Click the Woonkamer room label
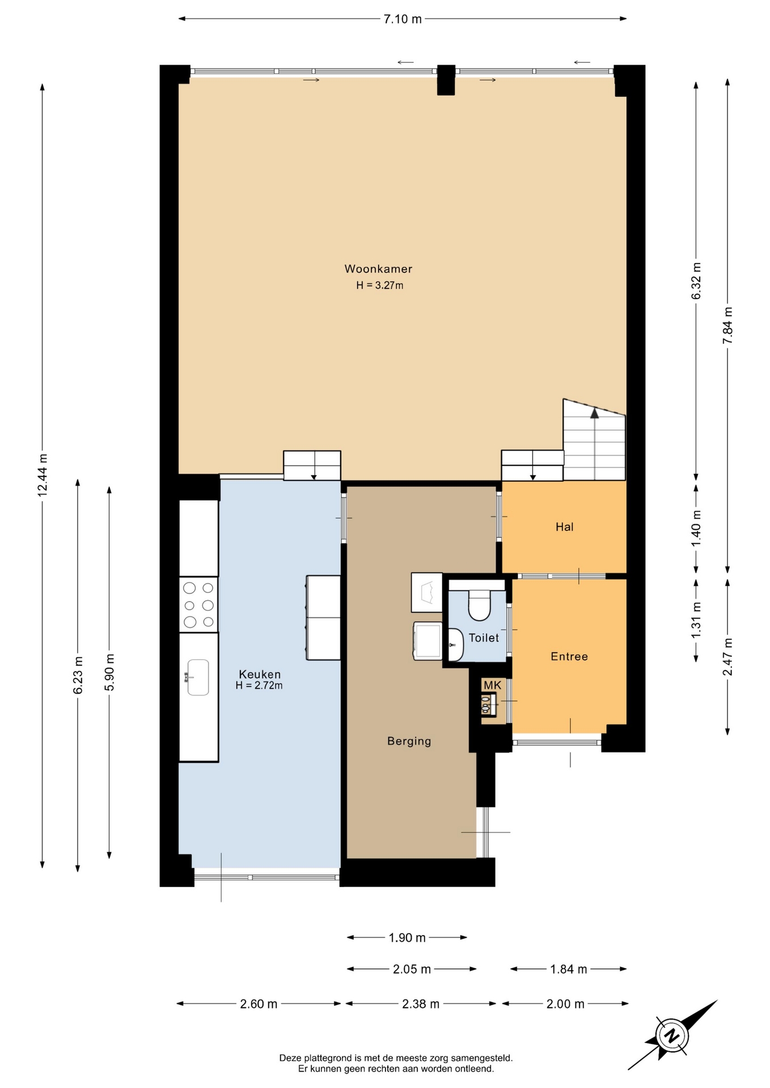[x=378, y=269]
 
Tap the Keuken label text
[x=260, y=674]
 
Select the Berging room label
[x=409, y=741]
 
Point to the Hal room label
[x=564, y=527]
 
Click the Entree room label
[x=569, y=656]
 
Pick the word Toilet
[x=484, y=637]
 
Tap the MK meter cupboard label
[x=492, y=685]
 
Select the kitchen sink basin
[x=198, y=677]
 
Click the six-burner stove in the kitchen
[x=198, y=605]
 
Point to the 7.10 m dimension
[x=403, y=19]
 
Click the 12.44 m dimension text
[x=42, y=475]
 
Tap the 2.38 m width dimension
[x=421, y=1004]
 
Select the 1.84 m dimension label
[x=568, y=969]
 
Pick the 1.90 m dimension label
[x=407, y=938]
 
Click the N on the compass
[x=672, y=1036]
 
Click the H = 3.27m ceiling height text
[x=379, y=285]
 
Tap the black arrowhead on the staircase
[x=594, y=413]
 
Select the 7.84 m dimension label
[x=728, y=325]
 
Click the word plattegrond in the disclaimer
[x=327, y=1058]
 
